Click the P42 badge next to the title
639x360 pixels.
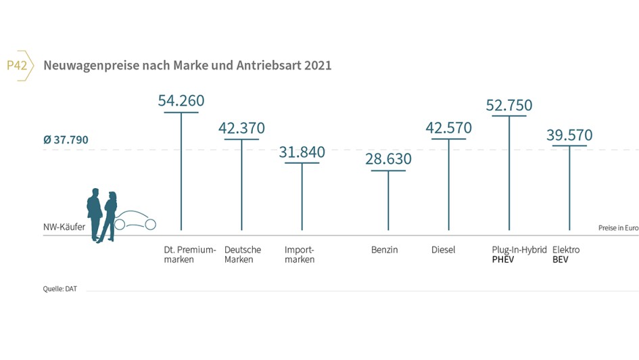(18, 66)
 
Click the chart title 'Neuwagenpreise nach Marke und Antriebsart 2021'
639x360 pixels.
(187, 66)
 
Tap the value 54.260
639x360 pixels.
(181, 101)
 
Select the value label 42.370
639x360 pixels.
(241, 128)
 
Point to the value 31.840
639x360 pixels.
(302, 152)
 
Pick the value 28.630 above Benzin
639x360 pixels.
(388, 159)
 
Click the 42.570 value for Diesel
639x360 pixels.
(449, 128)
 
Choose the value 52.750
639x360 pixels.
(509, 105)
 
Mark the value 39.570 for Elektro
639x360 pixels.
(569, 135)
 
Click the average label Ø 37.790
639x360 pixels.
(66, 140)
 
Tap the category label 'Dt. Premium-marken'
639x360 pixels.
(190, 254)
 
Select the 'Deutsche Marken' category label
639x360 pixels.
(242, 254)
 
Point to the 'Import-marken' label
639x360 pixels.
(300, 254)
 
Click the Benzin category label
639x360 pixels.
(384, 250)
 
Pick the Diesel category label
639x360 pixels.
(443, 250)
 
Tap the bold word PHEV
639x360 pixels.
(503, 260)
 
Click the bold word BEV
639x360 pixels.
(561, 260)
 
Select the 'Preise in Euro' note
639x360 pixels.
(618, 228)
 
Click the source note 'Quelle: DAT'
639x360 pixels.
(60, 289)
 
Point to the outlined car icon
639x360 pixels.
(137, 221)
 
